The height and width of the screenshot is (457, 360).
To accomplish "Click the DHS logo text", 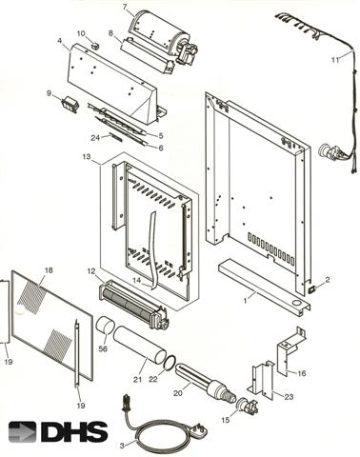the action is pyautogui.click(x=74, y=431).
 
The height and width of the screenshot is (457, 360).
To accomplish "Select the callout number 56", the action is pyautogui.click(x=103, y=348).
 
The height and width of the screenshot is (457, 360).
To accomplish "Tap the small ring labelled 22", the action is pyautogui.click(x=170, y=363).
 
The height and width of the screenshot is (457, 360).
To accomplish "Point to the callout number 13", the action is pyautogui.click(x=87, y=156).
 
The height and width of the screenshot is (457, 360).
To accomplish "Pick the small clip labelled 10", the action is pyautogui.click(x=95, y=45).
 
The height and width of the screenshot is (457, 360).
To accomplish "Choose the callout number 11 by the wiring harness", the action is pyautogui.click(x=335, y=60).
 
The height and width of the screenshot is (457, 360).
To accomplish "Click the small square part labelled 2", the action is pyautogui.click(x=311, y=289).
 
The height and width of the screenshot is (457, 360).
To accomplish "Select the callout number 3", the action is pyautogui.click(x=122, y=446).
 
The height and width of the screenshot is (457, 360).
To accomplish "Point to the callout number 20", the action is pyautogui.click(x=178, y=393).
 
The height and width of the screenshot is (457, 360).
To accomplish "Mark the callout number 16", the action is pyautogui.click(x=301, y=373).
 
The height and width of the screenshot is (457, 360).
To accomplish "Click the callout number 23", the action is pyautogui.click(x=289, y=397).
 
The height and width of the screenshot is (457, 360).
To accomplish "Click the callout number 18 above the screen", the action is pyautogui.click(x=49, y=270).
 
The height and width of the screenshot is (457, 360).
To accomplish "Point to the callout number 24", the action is pyautogui.click(x=95, y=138).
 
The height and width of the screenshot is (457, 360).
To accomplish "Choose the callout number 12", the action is pyautogui.click(x=91, y=271).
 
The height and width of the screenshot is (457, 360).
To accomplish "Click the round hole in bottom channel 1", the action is pyautogui.click(x=296, y=304).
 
